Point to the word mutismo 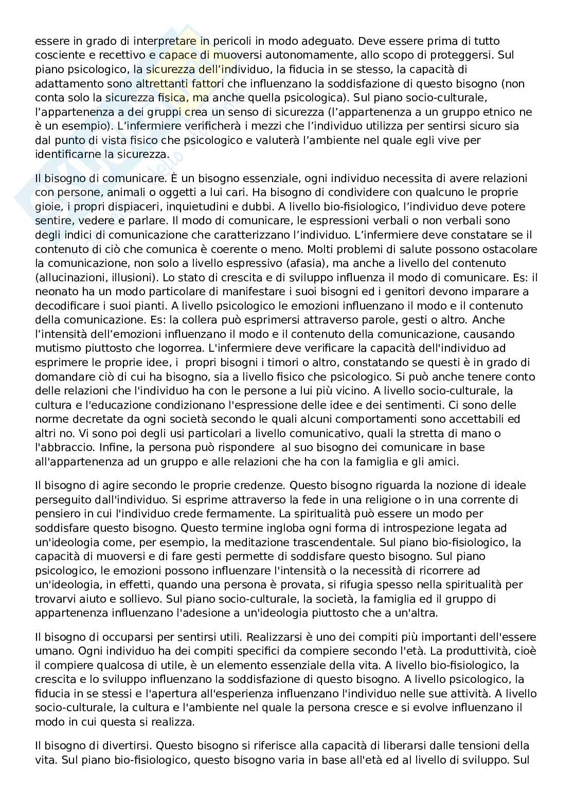pyautogui.click(x=56, y=348)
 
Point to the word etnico pyautogui.click(x=506, y=112)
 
